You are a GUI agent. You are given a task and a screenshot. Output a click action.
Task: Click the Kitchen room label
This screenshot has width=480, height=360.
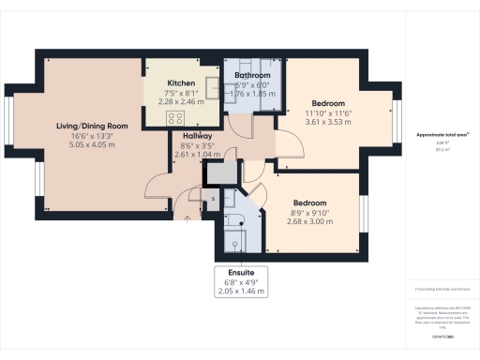pyautogui.click(x=180, y=83)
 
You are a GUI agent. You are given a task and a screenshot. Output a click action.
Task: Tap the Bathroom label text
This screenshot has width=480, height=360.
pyautogui.click(x=252, y=74)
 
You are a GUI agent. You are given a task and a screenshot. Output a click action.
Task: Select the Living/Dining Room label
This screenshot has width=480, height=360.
pyautogui.click(x=91, y=126)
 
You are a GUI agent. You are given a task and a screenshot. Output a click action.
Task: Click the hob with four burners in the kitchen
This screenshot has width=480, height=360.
pyautogui.click(x=175, y=117)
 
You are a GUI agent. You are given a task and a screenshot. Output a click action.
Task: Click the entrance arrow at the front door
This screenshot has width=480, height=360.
pyautogui.click(x=187, y=218)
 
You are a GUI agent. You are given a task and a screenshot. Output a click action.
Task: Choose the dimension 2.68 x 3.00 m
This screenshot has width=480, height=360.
pyautogui.click(x=308, y=222)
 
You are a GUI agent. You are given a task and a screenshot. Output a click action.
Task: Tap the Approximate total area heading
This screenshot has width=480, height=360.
pyautogui.click(x=442, y=135)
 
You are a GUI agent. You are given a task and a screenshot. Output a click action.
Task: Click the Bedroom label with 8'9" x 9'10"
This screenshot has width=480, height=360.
pyautogui.click(x=308, y=203)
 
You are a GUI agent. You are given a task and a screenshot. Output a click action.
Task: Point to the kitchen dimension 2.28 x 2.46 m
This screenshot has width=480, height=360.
pyautogui.click(x=180, y=101)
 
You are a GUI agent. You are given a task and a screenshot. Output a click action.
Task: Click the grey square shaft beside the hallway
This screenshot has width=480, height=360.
pyautogui.click(x=221, y=173)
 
